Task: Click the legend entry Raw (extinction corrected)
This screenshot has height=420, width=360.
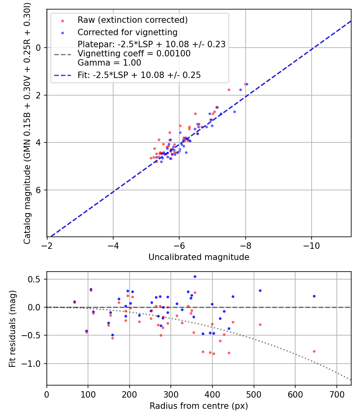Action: tap(132, 20)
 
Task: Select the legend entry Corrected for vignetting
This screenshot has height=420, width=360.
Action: tap(127, 32)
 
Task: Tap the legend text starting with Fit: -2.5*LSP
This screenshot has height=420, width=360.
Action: tap(139, 75)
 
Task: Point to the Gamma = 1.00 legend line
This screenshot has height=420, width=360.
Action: tap(109, 63)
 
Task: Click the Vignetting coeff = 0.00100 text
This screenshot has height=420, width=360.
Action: tap(134, 54)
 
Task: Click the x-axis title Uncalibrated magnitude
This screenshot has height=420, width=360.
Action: tap(199, 257)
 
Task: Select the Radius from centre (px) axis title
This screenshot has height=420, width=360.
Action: tap(199, 406)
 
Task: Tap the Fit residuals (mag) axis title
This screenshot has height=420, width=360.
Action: tap(12, 328)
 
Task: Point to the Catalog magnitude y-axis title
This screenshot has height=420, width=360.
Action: tap(27, 123)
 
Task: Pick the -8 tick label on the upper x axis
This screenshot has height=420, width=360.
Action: tap(245, 246)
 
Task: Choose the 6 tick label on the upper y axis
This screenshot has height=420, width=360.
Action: tap(38, 190)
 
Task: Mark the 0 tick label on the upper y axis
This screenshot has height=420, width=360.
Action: tap(38, 48)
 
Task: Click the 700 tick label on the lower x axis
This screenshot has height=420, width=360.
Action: tap(336, 394)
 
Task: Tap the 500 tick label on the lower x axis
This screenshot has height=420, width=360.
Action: tap(254, 394)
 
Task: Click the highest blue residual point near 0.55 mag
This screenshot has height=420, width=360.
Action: tap(195, 276)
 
